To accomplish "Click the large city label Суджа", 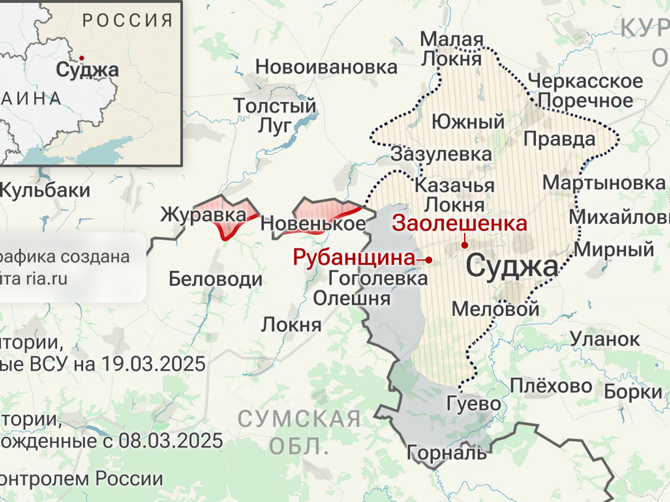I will [x=511, y=267].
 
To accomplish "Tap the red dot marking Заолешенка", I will [x=465, y=245].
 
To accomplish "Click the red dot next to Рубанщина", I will [x=429, y=260].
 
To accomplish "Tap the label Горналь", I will [x=446, y=452].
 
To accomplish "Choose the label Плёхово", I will [x=551, y=386].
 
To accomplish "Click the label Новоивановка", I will [x=326, y=68].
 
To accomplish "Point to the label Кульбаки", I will [x=45, y=190].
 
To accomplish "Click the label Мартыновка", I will [x=604, y=183].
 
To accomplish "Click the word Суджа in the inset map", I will [x=88, y=71].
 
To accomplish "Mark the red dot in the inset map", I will [x=82, y=58].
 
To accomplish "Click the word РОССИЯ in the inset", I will [x=128, y=21].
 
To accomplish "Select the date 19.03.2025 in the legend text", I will [x=154, y=364].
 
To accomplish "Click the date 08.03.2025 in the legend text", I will [x=170, y=441].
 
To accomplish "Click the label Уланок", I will [x=605, y=338].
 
